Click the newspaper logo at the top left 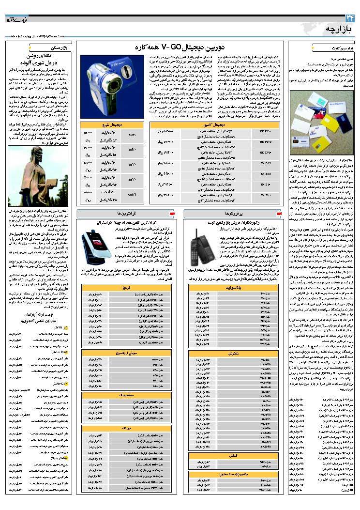click(x=17, y=20)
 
